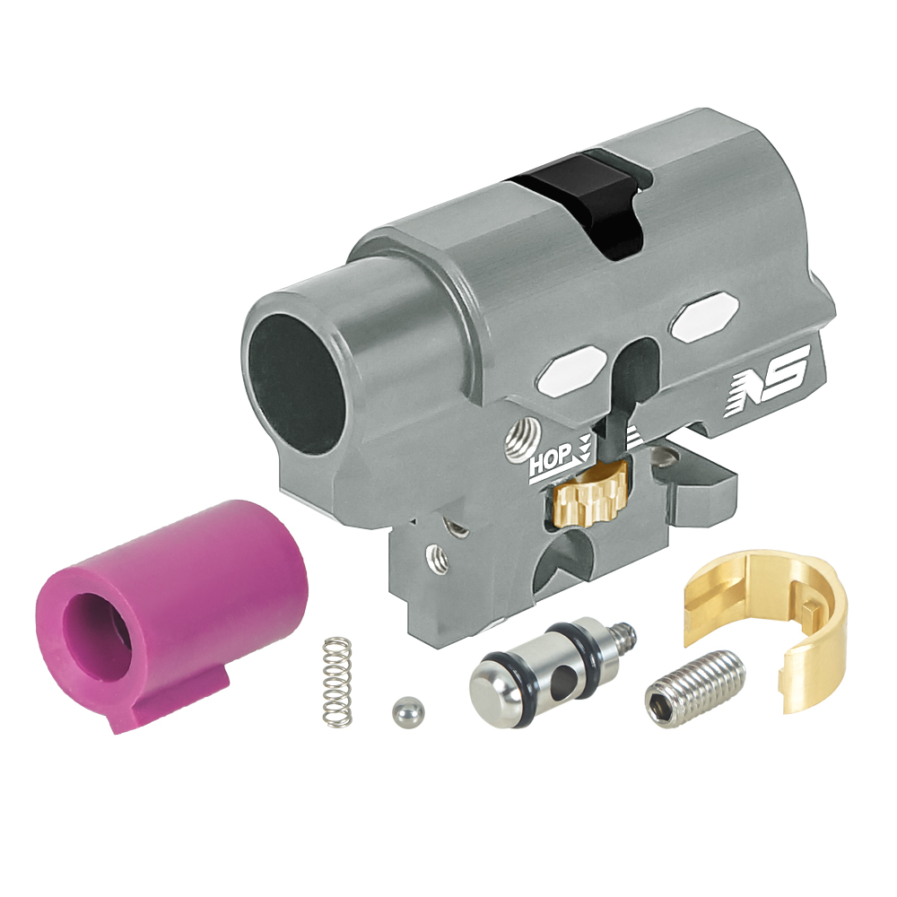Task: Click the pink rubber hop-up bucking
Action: [x=171, y=615]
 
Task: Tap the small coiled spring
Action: [x=337, y=682]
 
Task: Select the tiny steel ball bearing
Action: [x=408, y=711]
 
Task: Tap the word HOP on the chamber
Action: [x=551, y=457]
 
